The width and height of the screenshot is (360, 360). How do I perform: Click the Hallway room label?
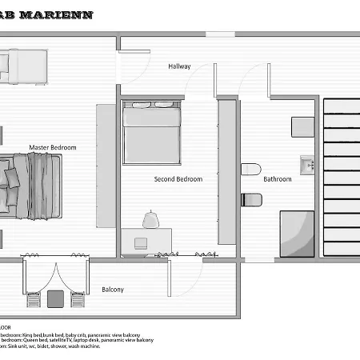pos(179,66)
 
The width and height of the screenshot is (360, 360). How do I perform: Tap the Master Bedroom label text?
pos(52,147)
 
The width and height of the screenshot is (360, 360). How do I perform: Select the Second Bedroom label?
pos(178,179)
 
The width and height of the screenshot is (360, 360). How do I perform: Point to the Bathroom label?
pos(277,179)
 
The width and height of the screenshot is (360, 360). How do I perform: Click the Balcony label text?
pos(112,290)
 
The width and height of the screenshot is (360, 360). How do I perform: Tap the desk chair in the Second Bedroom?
pos(150,218)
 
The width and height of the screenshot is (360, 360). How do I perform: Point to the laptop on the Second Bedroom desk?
pos(141,242)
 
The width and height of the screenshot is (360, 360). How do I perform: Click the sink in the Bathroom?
pos(308,166)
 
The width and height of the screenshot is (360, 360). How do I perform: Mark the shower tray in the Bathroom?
pos(297,233)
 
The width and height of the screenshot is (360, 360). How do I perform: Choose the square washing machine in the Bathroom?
pos(302,129)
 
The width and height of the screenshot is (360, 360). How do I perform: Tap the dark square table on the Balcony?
pos(56,299)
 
